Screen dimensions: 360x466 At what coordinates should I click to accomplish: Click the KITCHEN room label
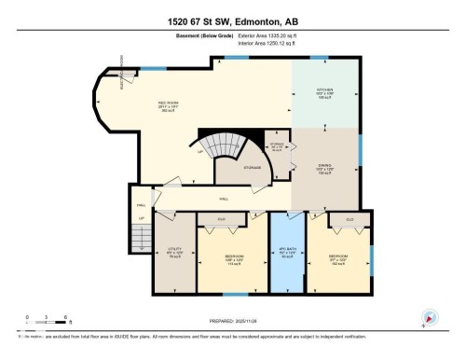pyautogui.click(x=324, y=90)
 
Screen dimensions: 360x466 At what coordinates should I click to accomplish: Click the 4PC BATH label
pyautogui.click(x=288, y=253)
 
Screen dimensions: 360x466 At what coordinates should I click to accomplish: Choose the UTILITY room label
pyautogui.click(x=173, y=250)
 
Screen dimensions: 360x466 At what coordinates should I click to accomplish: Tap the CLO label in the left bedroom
pyautogui.click(x=222, y=220)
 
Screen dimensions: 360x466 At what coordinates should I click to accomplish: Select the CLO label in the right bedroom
pyautogui.click(x=349, y=220)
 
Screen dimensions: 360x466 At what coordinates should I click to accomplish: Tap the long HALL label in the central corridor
pyautogui.click(x=224, y=198)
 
